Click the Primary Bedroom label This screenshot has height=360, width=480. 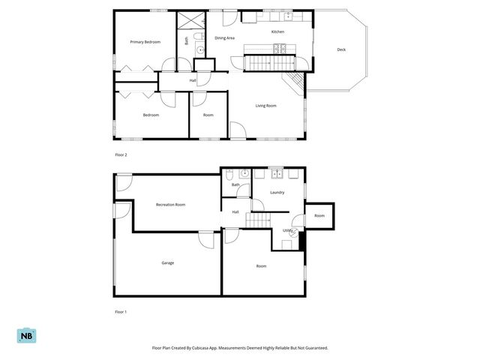pyautogui.click(x=145, y=42)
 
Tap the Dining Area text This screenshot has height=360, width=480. pyautogui.click(x=225, y=37)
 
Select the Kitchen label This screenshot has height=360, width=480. pyautogui.click(x=277, y=32)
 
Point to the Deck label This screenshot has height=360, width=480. pyautogui.click(x=341, y=49)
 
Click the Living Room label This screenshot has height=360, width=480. pyautogui.click(x=266, y=106)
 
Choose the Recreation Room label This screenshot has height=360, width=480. pyautogui.click(x=170, y=205)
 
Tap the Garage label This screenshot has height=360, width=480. pyautogui.click(x=168, y=262)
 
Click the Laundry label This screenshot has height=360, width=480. pyautogui.click(x=277, y=193)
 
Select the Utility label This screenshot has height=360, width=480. pyautogui.click(x=287, y=230)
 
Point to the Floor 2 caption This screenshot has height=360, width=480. pyautogui.click(x=121, y=154)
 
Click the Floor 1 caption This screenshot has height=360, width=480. pyautogui.click(x=121, y=310)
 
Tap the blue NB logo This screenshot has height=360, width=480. pyautogui.click(x=25, y=335)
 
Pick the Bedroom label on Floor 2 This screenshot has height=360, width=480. pyautogui.click(x=151, y=115)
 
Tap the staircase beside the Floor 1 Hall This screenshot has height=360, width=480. pyautogui.click(x=260, y=220)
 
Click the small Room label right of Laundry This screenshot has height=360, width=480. pyautogui.click(x=319, y=216)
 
